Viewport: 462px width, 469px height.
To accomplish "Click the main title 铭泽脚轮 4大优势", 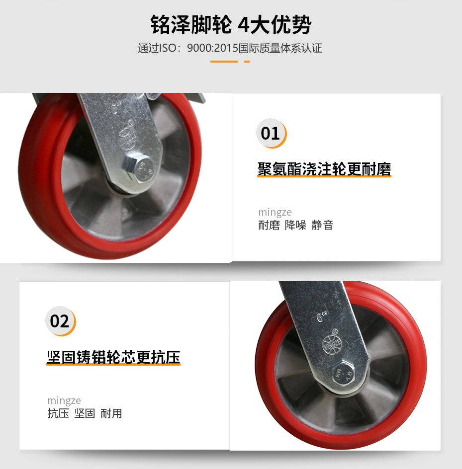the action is pos(231,24).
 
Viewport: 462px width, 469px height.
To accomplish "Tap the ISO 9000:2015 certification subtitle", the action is pos(230,48).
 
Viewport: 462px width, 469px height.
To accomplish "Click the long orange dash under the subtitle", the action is pos(224,62).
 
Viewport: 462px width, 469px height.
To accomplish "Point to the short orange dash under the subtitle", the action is pos(247,62).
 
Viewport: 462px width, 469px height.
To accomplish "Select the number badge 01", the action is pos(271,134).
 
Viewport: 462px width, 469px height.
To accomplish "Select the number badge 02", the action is pos(61,321).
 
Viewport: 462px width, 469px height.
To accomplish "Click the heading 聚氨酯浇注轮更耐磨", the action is pos(324,169).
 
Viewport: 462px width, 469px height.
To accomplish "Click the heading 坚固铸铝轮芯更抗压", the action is pos(113,357).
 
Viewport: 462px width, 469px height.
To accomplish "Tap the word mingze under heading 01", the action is pos(275,212).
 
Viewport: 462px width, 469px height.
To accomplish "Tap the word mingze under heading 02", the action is pos(64,400).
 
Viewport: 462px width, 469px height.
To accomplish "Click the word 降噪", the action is pos(295,225).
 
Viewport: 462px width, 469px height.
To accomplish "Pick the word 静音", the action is pos(322,225).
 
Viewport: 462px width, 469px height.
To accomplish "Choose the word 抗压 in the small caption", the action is pos(58,413).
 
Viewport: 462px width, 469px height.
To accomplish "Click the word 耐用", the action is pos(111,413).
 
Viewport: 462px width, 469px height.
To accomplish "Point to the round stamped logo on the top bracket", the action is pos(126,139).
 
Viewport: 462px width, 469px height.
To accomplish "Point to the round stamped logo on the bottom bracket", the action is pos(332,345).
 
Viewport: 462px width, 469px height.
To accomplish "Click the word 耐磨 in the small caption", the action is pos(269,225).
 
